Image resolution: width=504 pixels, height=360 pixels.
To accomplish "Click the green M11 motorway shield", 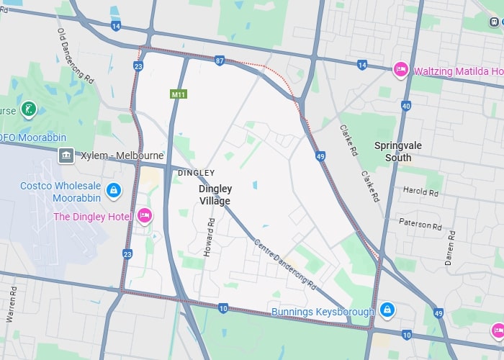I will click(x=178, y=94).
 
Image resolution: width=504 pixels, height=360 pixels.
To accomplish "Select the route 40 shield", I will click(x=406, y=106).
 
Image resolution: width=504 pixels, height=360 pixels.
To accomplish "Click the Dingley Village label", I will click(x=215, y=194).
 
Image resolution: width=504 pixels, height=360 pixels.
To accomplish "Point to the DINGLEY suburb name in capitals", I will click(x=196, y=173).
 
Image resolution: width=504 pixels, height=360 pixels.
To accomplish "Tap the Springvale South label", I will click(x=393, y=151).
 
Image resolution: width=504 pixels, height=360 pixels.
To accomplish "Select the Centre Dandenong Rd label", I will click(x=285, y=263).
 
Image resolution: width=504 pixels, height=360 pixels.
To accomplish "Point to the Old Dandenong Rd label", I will click(x=76, y=55).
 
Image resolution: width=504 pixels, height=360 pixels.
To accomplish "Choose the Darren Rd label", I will click(x=451, y=248).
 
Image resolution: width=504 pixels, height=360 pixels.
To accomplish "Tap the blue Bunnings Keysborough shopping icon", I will click(x=387, y=310).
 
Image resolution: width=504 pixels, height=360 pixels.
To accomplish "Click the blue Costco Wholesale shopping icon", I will click(x=113, y=190).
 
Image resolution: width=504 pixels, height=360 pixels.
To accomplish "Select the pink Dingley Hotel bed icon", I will click(x=144, y=215).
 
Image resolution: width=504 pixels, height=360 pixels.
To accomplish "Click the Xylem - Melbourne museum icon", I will click(x=66, y=156).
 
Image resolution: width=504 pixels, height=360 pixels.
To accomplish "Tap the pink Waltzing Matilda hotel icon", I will click(x=401, y=70).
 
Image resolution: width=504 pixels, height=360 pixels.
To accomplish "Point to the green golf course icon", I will click(x=29, y=109).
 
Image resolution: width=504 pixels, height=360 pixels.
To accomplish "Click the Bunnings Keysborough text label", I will click(x=323, y=312).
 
